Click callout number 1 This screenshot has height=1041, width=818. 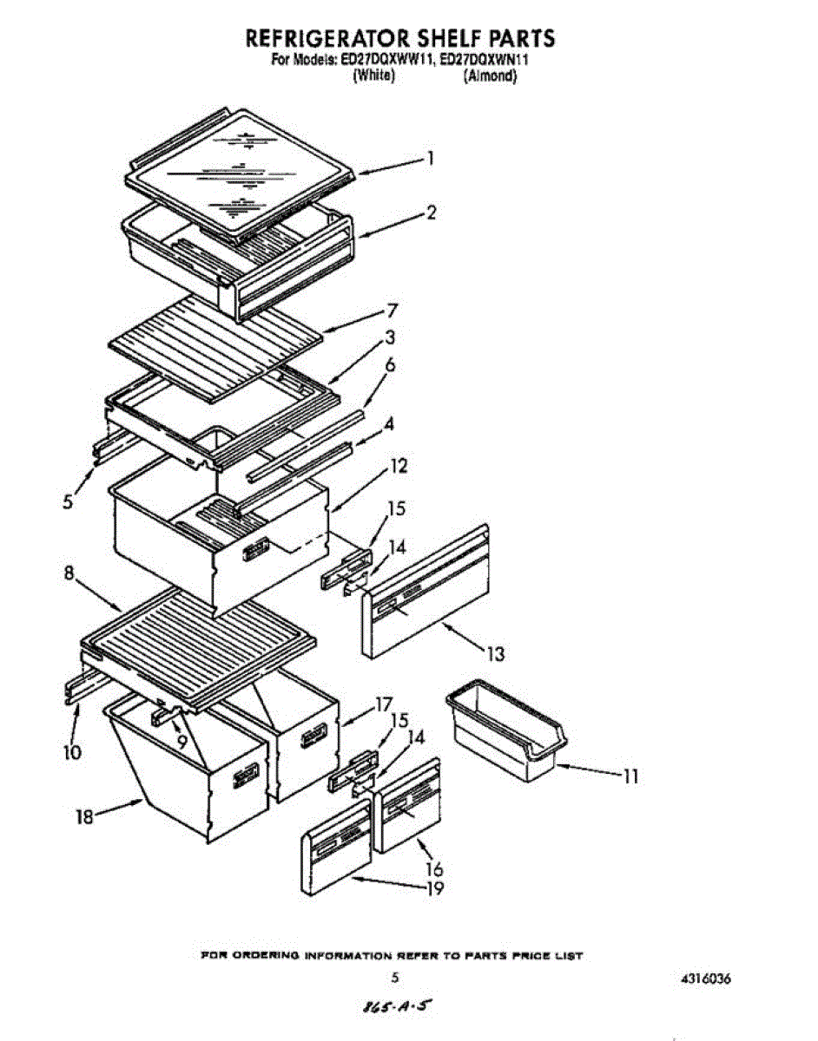(x=430, y=160)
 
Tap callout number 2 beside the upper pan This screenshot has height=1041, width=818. (x=431, y=213)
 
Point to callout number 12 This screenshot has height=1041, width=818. (x=398, y=466)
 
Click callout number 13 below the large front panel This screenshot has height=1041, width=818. (x=495, y=653)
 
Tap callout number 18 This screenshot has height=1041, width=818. (x=83, y=816)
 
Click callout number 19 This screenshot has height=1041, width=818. (x=435, y=887)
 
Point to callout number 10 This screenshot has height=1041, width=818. (x=72, y=752)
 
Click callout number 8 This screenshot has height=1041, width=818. (x=68, y=573)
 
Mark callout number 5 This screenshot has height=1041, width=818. (x=68, y=502)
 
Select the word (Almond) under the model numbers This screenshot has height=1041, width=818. (x=491, y=76)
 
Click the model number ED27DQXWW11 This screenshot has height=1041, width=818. (x=386, y=61)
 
